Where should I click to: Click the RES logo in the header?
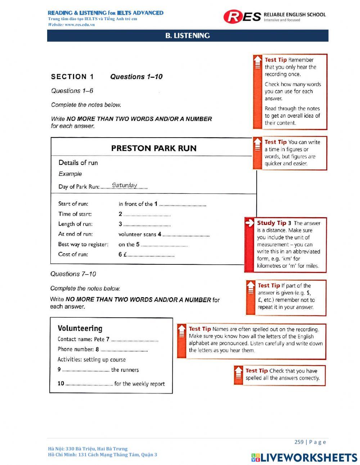[x=242, y=17]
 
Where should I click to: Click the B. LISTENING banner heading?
[x=188, y=36]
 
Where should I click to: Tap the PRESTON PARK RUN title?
[x=154, y=148]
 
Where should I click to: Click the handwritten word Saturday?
[x=124, y=185]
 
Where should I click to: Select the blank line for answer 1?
[x=183, y=205]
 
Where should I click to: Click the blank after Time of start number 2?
[x=147, y=215]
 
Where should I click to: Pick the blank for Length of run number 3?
[x=147, y=225]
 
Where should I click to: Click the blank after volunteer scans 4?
[x=186, y=235]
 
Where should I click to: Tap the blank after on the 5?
[x=164, y=245]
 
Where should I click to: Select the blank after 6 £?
[x=151, y=255]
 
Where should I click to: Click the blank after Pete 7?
[x=135, y=340]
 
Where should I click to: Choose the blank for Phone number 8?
[x=124, y=350]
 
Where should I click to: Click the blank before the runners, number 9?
[x=86, y=371]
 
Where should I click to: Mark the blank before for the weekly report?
[x=89, y=385]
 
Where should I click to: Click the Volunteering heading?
[x=80, y=328]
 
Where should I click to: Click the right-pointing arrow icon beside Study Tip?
[x=249, y=223]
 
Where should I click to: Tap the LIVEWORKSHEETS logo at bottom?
[x=304, y=457]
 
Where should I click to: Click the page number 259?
[x=299, y=442]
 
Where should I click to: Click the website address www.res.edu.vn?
[x=80, y=24]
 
